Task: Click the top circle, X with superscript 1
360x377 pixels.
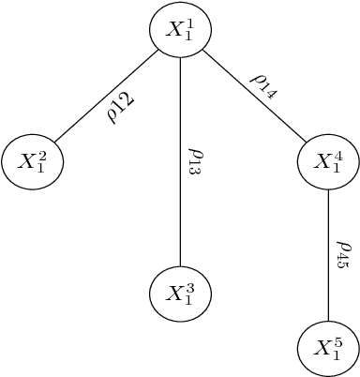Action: point(180,30)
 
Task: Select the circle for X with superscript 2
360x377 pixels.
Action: point(33,162)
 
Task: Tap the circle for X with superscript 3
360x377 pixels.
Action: point(180,294)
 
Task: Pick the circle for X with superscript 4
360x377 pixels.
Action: point(328,162)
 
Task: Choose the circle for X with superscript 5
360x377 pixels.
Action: point(328,349)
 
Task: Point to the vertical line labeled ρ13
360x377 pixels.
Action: point(180,188)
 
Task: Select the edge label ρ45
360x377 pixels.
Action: point(343,254)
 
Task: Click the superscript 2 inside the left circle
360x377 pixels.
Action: point(40,156)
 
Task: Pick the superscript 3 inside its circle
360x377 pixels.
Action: point(187,287)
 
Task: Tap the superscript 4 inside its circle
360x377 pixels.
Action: point(336,156)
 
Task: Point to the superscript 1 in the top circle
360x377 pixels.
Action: point(187,23)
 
